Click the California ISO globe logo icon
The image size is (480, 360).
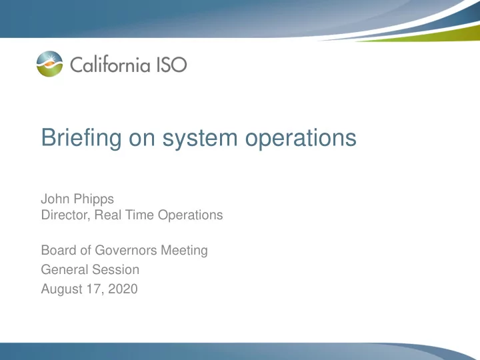(x=49, y=64)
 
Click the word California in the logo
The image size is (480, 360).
(x=110, y=64)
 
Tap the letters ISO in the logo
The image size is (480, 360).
(x=171, y=64)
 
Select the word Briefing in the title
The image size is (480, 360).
(x=81, y=138)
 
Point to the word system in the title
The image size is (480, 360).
(x=200, y=139)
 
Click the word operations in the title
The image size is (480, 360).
(x=301, y=138)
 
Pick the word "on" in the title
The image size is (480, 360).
(x=142, y=139)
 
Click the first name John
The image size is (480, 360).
(x=55, y=199)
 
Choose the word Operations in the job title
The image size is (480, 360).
(x=191, y=215)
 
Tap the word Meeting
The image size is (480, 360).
(x=184, y=251)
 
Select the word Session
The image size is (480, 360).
(x=116, y=270)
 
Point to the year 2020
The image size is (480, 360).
(x=123, y=289)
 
